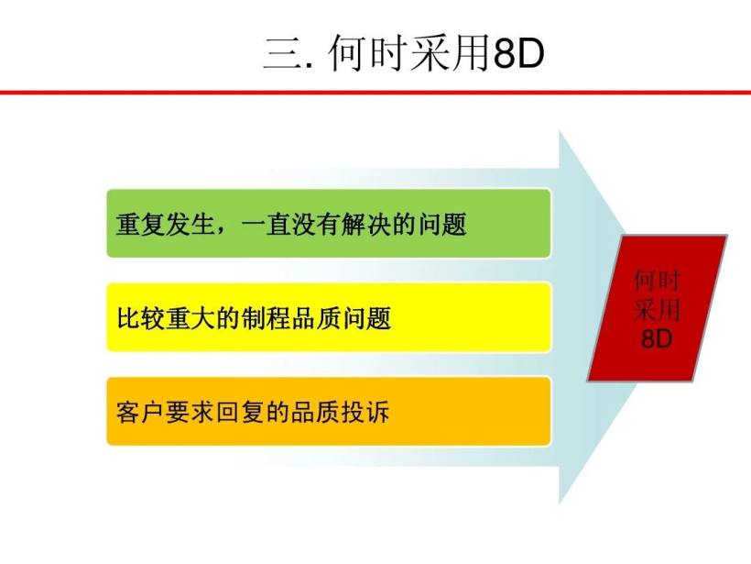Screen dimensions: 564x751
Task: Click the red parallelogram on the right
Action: click(x=657, y=308)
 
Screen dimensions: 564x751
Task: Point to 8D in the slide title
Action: click(x=517, y=56)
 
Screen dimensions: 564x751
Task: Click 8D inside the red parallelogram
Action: click(x=657, y=338)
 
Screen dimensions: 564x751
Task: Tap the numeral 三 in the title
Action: click(x=278, y=56)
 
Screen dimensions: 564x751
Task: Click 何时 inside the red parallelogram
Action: click(x=657, y=280)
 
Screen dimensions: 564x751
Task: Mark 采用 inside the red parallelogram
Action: click(x=657, y=309)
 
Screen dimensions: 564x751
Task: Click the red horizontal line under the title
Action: click(x=375, y=93)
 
